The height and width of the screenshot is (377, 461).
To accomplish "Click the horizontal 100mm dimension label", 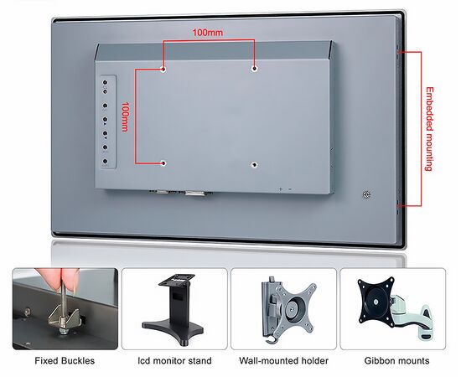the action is point(208,33).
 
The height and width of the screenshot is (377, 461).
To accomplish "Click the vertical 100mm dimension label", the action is point(125,116).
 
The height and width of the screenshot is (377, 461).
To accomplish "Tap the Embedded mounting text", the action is point(429,129).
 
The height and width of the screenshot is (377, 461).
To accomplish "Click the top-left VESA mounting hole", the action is point(163,70).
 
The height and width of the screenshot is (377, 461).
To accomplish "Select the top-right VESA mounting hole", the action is point(254,69).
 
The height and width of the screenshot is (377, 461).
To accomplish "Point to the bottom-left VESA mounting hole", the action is point(163,163).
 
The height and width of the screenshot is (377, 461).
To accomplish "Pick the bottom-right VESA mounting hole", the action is point(255,164).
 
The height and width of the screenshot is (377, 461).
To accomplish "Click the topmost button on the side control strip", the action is point(105,82).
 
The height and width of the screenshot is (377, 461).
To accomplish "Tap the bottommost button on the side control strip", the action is point(105,161).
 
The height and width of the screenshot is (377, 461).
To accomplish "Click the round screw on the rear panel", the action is point(366,194).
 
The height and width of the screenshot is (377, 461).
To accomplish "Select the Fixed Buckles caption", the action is point(65,360).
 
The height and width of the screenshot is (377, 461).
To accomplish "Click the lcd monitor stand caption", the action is point(174,360).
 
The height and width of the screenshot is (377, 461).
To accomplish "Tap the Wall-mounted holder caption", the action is point(283,360).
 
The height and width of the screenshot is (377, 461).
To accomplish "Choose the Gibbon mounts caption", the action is point(396,360).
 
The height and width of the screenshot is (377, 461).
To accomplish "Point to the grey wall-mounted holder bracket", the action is point(287,308).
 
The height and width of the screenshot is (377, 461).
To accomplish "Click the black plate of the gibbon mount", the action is point(376,302).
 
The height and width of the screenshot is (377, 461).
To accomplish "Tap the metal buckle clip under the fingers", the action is point(65,318).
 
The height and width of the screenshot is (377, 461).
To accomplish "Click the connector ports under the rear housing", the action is point(181,193).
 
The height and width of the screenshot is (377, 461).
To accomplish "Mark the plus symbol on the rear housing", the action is point(281,189).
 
